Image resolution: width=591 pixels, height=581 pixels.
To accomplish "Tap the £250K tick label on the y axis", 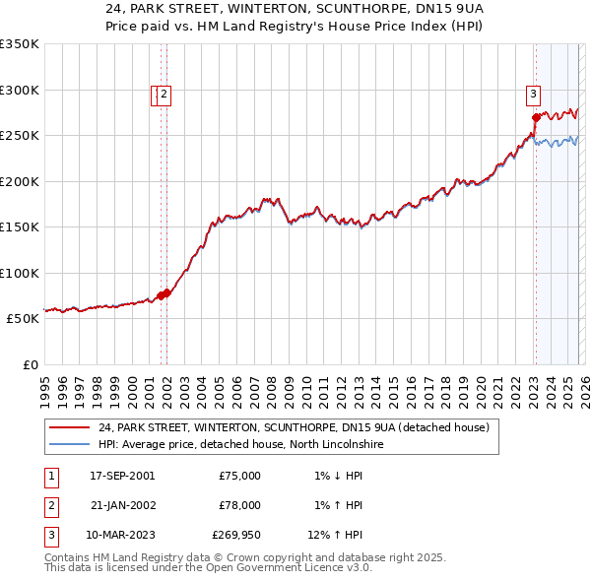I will (x=20, y=136).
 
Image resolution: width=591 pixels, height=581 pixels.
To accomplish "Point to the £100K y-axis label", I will (x=20, y=273).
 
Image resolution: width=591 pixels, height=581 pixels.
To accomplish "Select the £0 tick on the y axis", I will (x=30, y=364).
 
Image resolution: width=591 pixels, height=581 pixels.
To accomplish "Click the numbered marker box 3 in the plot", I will (x=533, y=95).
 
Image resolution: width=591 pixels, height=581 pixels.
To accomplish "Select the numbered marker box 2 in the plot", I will (x=164, y=95).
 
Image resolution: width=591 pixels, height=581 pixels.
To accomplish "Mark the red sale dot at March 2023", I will (x=536, y=117).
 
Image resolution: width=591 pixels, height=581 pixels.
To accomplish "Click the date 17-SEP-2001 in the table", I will (x=121, y=475).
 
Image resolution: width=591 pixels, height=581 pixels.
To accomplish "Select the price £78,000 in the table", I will (x=238, y=505).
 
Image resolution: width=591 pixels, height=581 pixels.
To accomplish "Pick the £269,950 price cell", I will (x=236, y=536).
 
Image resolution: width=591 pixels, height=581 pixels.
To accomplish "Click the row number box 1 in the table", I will (x=47, y=475).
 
